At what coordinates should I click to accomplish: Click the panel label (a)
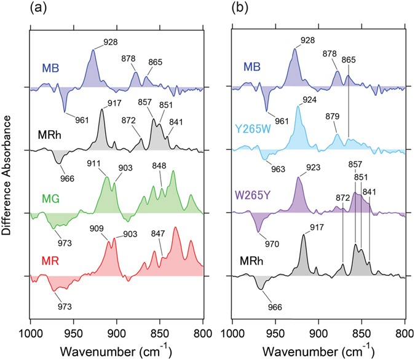coord(38,9)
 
